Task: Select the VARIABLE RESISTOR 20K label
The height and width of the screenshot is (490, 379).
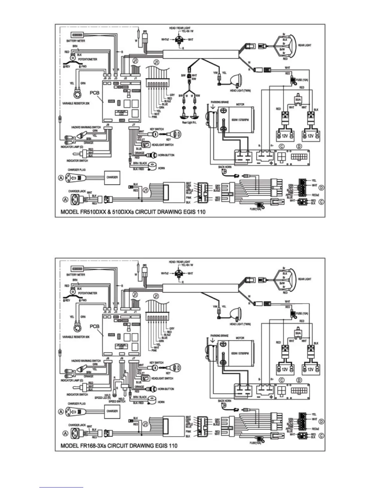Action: pos(76,103)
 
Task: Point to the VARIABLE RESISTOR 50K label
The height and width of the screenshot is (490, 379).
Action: pos(76,337)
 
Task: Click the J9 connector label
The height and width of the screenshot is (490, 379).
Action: pos(122,358)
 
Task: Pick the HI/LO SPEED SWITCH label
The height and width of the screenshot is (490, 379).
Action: pos(117,400)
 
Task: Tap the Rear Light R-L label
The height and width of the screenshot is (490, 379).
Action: pos(189,123)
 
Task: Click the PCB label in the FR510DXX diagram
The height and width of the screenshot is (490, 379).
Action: pos(94,93)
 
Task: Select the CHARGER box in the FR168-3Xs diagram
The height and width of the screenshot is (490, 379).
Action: pos(112,411)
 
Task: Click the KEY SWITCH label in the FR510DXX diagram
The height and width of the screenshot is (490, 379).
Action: pos(157,129)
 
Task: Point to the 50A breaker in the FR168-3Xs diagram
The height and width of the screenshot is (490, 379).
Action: pos(298,333)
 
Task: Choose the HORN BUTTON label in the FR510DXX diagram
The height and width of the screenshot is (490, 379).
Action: pos(166,155)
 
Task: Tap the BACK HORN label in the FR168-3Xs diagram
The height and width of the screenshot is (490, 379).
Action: pos(225,401)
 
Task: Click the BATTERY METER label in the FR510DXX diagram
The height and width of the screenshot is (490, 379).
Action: pos(76,41)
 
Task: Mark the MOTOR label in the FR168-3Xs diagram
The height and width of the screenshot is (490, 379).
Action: pos(240,338)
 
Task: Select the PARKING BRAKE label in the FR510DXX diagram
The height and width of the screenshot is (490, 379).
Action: pos(220,102)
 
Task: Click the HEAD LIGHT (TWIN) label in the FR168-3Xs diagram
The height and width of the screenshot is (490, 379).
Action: pos(240,324)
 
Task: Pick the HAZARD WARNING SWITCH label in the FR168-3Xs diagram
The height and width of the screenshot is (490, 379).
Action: pos(86,361)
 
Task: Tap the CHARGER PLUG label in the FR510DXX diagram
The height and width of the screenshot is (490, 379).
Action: pos(77,170)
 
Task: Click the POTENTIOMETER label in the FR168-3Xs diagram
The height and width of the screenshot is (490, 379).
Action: pos(88,293)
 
